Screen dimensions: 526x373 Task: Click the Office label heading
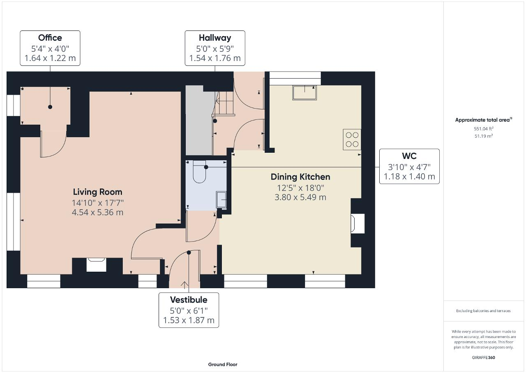click(50, 37)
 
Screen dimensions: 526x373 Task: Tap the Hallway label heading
click(215, 37)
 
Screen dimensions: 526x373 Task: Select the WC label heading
click(409, 156)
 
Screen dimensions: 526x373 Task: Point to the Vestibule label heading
click(189, 300)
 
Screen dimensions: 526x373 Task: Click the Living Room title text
click(97, 192)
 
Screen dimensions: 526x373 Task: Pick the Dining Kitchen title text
click(300, 177)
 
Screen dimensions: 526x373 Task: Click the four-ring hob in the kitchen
click(352, 140)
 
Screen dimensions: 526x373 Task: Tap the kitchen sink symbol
click(305, 93)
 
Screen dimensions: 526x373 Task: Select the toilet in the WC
click(199, 172)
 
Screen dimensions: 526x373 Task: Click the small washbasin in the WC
click(221, 200)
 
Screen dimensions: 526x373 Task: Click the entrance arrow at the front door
click(185, 285)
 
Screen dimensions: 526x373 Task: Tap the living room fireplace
click(96, 265)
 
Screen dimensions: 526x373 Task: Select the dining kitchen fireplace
click(358, 224)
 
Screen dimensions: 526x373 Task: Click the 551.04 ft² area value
click(484, 128)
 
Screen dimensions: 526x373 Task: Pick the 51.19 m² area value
click(484, 136)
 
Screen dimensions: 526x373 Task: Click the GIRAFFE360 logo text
click(484, 358)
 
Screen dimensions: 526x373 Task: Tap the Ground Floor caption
click(223, 364)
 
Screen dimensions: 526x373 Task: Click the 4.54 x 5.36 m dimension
click(97, 212)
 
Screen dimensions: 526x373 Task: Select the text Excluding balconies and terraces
click(483, 311)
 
